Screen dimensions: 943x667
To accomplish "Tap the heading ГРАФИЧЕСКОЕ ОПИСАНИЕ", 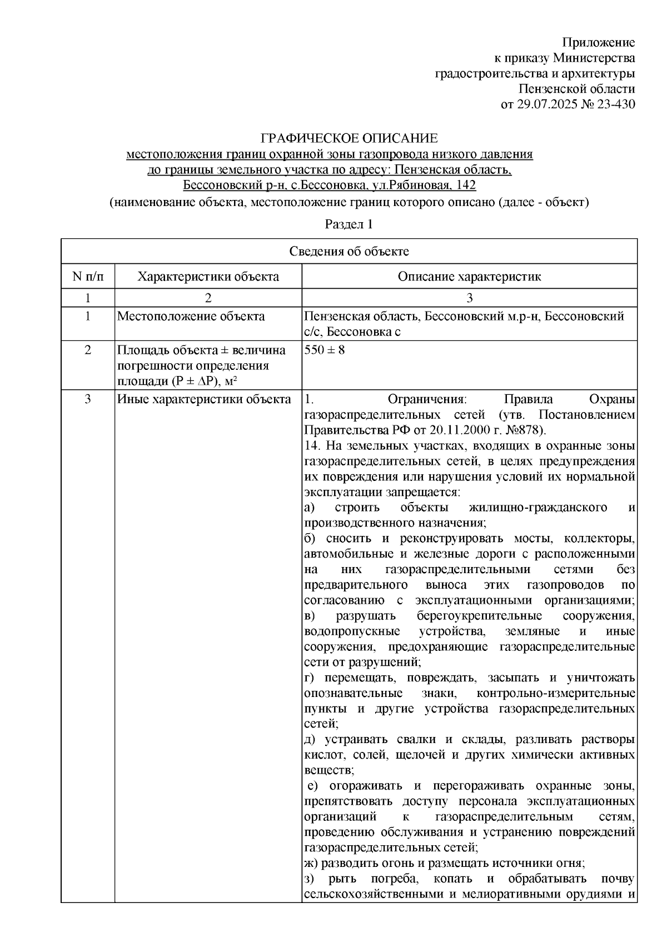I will pyautogui.click(x=349, y=138).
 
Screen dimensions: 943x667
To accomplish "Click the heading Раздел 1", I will pyautogui.click(x=349, y=224).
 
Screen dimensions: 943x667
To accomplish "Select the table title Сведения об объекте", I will pyautogui.click(x=349, y=252).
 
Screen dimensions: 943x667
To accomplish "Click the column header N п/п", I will pyautogui.click(x=88, y=277).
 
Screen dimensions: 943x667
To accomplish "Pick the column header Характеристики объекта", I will pyautogui.click(x=208, y=277).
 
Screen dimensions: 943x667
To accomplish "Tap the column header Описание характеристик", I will pyautogui.click(x=469, y=277).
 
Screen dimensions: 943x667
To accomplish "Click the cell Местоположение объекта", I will pyautogui.click(x=191, y=317).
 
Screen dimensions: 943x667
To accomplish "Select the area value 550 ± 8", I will pyautogui.click(x=325, y=350).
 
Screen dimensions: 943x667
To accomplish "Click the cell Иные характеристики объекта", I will pyautogui.click(x=203, y=399).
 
